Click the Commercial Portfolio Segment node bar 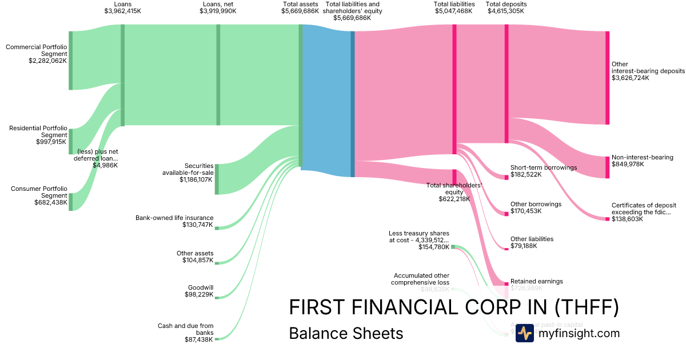pos(71,61)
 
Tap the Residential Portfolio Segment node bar pos(71,142)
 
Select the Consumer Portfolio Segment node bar pos(71,202)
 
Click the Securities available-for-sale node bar pos(217,179)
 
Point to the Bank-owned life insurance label pos(174,218)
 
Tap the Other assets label pos(195,253)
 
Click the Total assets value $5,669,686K pos(300,11)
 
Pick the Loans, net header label pos(218,4)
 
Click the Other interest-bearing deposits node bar pos(607,78)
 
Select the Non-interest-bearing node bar pos(607,167)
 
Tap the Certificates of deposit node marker pos(607,219)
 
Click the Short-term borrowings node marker pos(506,177)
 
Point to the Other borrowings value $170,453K pos(526,211)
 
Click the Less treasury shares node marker pos(453,247)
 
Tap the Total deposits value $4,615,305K pos(506,11)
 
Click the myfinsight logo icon pos(524,333)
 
